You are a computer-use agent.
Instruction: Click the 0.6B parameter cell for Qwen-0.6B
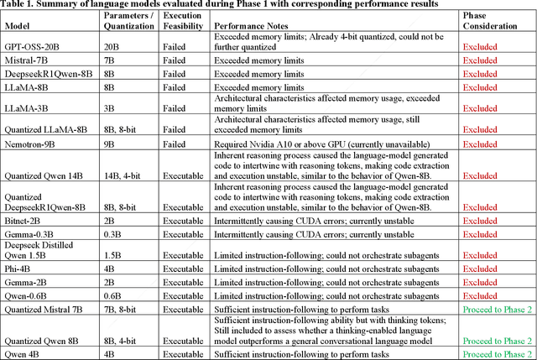point(114,295)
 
